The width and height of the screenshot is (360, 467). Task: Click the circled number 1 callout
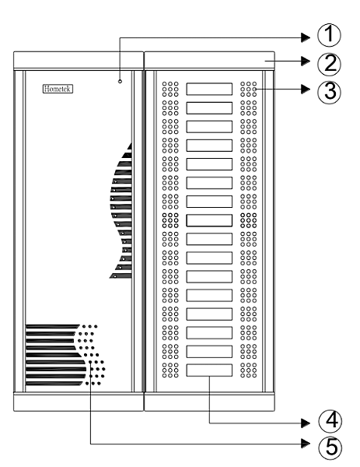coord(329,36)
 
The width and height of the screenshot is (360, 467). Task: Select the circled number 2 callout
coord(329,64)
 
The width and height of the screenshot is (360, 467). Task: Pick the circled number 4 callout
coord(330,421)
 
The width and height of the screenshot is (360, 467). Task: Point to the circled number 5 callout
coord(330,447)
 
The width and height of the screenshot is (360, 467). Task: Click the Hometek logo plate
coord(58,89)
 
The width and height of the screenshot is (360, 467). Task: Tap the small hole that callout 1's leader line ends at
coord(120,81)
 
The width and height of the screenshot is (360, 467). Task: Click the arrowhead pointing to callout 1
coord(306,37)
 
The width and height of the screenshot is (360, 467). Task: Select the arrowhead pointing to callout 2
coord(306,61)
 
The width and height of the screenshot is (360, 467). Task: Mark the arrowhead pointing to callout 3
coord(306,89)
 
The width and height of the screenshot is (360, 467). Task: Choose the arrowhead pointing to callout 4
coord(306,423)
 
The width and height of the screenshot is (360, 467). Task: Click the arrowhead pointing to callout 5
coord(306,444)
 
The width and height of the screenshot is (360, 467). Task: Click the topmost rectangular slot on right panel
coord(209,89)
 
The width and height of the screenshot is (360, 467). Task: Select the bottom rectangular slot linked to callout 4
coord(209,370)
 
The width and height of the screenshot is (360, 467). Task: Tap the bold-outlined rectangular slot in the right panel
coord(209,220)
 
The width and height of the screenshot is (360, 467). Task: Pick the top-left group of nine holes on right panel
coord(170,89)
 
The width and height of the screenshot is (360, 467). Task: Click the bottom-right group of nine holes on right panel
coord(249,370)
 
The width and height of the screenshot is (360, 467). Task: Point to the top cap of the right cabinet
coord(209,61)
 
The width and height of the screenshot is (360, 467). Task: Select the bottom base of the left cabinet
coord(79,402)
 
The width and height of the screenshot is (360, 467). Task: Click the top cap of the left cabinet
coord(79,61)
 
